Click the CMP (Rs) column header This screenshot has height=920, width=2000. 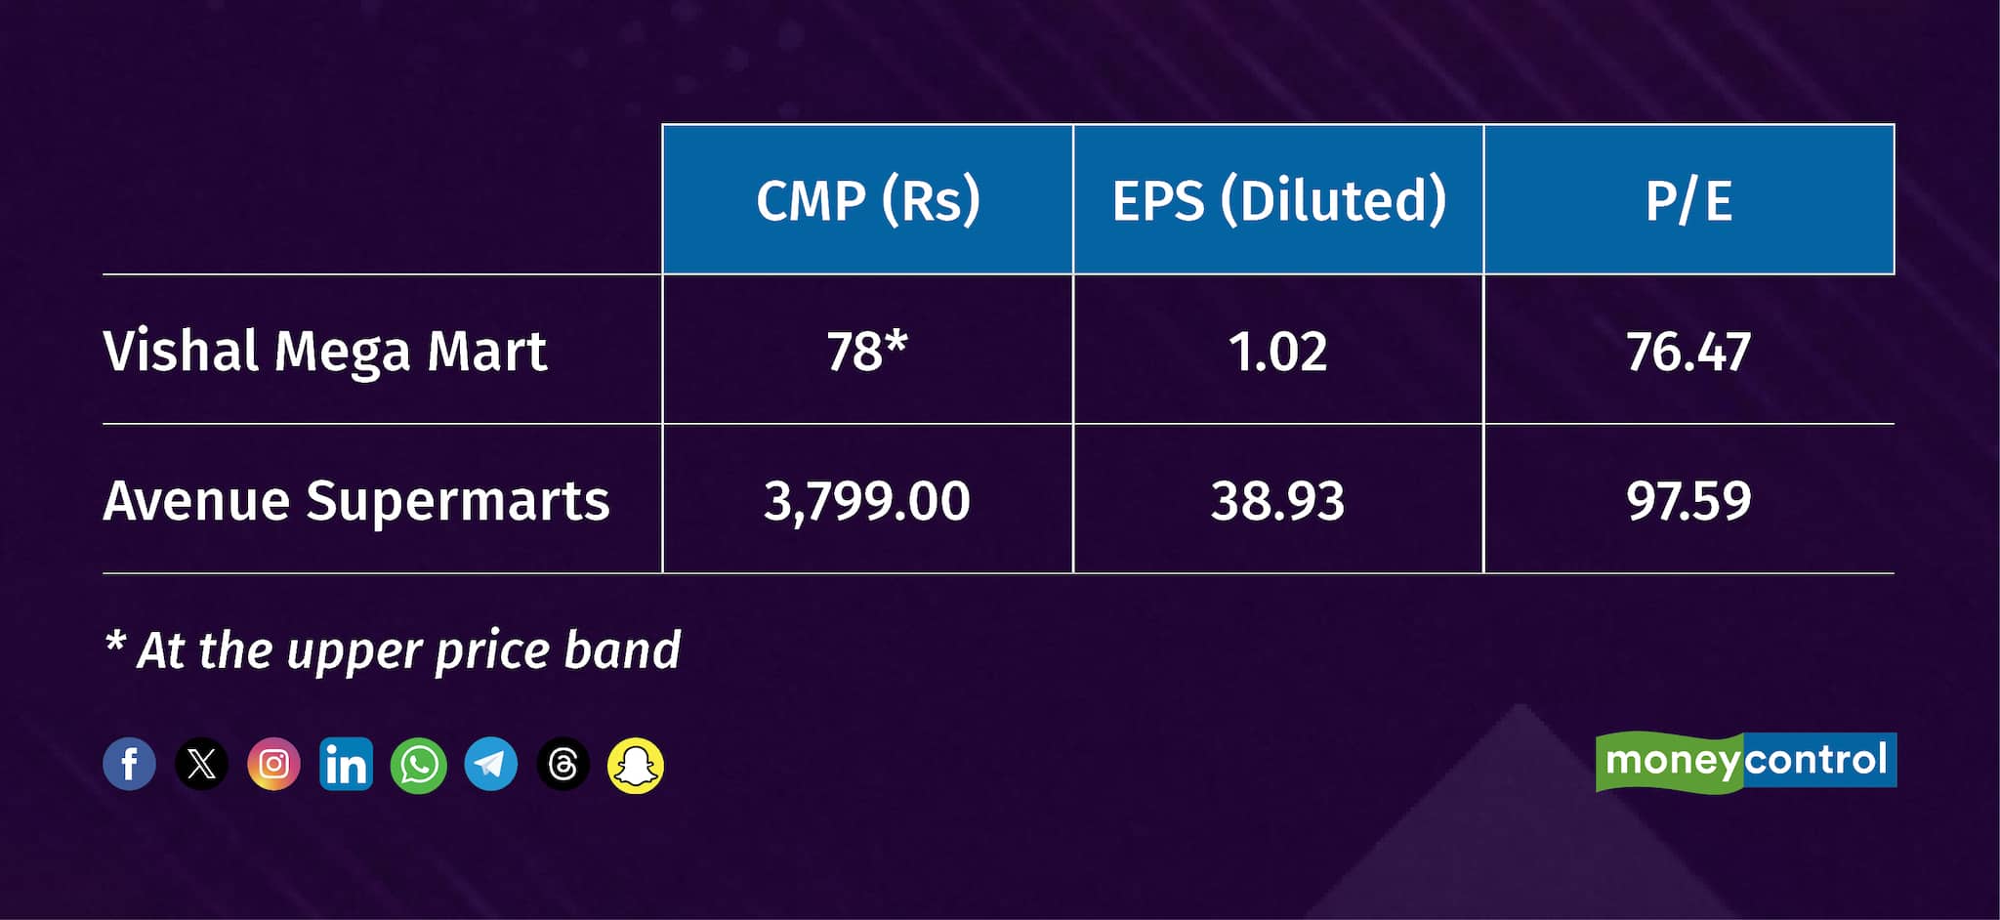tap(868, 200)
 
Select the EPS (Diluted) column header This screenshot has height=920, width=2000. tap(1278, 200)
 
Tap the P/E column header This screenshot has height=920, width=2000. tap(1688, 201)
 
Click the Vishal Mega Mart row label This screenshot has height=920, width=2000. tap(325, 352)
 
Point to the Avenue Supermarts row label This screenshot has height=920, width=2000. tap(356, 501)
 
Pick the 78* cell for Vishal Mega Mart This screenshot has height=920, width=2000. tap(867, 352)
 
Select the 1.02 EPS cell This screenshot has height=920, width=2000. tap(1278, 352)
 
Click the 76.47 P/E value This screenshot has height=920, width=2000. tap(1688, 352)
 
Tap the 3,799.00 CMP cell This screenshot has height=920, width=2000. tap(867, 502)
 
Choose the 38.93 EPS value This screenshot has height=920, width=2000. tap(1278, 501)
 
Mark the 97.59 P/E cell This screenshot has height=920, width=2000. tap(1688, 501)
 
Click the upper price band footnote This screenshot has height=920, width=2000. tap(393, 650)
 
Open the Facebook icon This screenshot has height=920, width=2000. tap(130, 764)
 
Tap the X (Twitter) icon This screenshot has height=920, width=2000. tap(201, 764)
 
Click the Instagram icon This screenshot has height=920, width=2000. tap(273, 764)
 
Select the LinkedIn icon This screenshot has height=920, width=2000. tap(346, 764)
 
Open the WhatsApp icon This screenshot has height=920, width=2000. tap(418, 765)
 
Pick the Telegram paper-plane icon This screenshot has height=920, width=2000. tap(490, 764)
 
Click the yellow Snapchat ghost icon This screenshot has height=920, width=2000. tap(636, 765)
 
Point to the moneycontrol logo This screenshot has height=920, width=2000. tap(1746, 761)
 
